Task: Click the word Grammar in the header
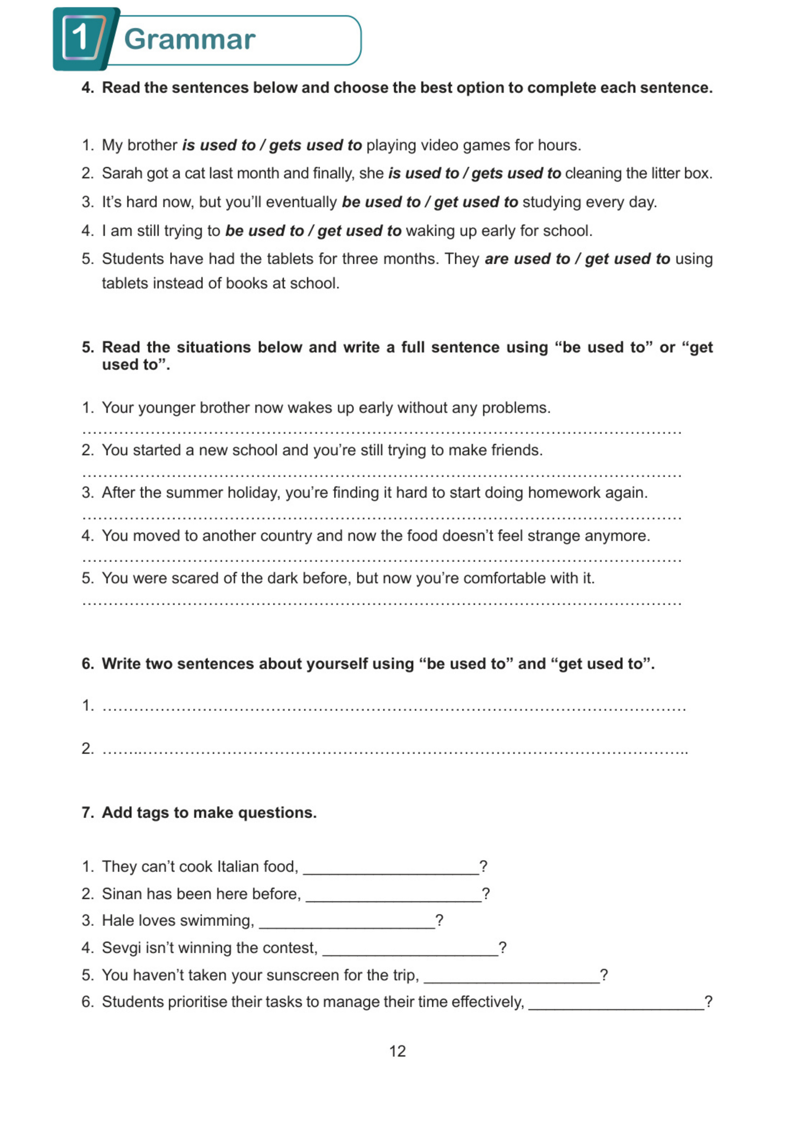(189, 39)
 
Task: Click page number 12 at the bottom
(397, 1051)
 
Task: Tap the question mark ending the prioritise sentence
(708, 1002)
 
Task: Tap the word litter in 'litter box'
(654, 174)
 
